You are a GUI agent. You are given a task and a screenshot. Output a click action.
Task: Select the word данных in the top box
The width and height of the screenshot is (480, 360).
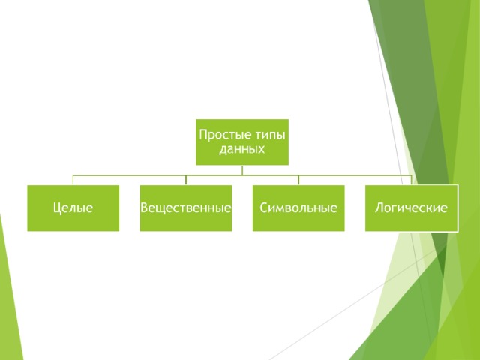coord(241,149)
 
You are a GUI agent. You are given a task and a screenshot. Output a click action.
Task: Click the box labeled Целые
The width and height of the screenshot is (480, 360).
coord(73,208)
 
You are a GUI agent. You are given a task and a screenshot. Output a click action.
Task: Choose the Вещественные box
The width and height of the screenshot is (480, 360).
coord(186,208)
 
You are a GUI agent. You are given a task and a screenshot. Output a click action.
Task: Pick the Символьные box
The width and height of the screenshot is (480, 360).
coord(298,208)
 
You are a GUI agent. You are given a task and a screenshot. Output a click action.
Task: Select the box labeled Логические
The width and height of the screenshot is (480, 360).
coord(412,208)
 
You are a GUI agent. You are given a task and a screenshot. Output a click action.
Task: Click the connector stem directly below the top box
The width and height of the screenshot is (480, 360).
coord(242,170)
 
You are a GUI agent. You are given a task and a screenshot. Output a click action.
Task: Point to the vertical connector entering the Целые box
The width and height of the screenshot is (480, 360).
coord(73,180)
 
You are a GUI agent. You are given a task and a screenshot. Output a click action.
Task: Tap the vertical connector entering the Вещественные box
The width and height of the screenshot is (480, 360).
coord(186,180)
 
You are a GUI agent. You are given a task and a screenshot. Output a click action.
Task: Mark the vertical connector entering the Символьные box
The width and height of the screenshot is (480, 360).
coord(298,180)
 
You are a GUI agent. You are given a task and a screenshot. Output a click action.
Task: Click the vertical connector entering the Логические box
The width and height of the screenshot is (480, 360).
coord(411,180)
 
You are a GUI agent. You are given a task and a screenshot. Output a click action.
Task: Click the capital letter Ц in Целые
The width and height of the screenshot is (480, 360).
coord(57,208)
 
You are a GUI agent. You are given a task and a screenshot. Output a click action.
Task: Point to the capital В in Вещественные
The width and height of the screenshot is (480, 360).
coord(144,208)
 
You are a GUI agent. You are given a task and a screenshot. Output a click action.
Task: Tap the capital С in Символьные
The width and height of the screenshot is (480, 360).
coord(264,208)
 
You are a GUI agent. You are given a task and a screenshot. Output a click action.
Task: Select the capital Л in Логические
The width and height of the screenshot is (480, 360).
coord(379,208)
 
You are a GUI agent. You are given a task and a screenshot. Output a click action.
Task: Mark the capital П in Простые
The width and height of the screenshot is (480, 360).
coord(203,135)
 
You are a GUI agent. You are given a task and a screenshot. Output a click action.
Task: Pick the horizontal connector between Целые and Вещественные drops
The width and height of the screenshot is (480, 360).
coord(130,175)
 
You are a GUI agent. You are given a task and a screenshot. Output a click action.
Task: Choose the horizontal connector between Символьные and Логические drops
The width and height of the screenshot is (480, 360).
coord(355,175)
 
